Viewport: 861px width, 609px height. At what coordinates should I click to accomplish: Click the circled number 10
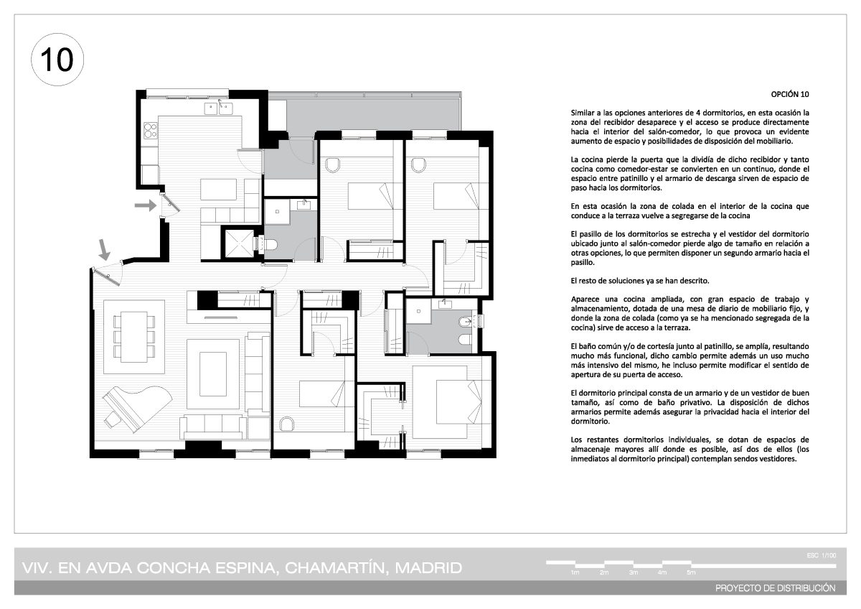coord(57,60)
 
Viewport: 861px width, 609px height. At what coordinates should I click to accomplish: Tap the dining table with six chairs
coord(134,337)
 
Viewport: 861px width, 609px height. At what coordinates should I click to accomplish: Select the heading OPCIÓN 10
coord(789,94)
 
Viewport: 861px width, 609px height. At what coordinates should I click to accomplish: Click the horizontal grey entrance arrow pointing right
coord(145,205)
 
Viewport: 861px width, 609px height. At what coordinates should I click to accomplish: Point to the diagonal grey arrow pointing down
coord(104,250)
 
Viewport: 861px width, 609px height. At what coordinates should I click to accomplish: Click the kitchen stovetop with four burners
coord(150,131)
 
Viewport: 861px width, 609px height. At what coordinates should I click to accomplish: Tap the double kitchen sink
coord(218,109)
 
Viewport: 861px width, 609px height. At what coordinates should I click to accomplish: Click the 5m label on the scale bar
coord(691,572)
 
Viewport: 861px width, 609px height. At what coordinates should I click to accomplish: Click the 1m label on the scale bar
coord(575,572)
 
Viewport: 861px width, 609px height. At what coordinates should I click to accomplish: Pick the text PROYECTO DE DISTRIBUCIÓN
coord(776,588)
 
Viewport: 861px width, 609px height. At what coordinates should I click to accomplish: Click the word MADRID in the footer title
coord(428,568)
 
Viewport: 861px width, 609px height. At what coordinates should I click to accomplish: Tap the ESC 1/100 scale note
coord(822,556)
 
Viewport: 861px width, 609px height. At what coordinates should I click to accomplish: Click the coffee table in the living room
coord(213,374)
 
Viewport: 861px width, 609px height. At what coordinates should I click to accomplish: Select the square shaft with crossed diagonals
coord(239,243)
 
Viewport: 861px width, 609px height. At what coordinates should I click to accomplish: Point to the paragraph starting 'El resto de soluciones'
coord(639,281)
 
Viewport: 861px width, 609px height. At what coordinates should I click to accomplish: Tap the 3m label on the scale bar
coord(634,572)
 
